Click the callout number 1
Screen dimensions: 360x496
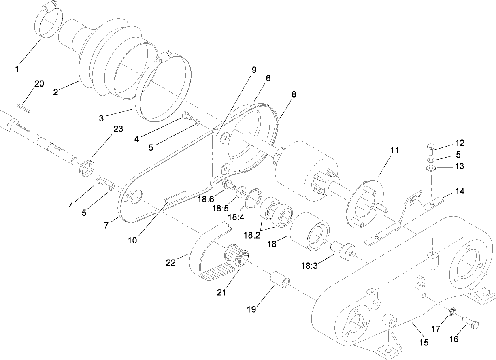[x=17, y=69]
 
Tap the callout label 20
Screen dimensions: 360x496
[x=39, y=84]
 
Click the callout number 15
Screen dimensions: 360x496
[x=424, y=343]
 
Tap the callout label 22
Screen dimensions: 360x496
[x=170, y=263]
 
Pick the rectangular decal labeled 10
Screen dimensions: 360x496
[x=175, y=197]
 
